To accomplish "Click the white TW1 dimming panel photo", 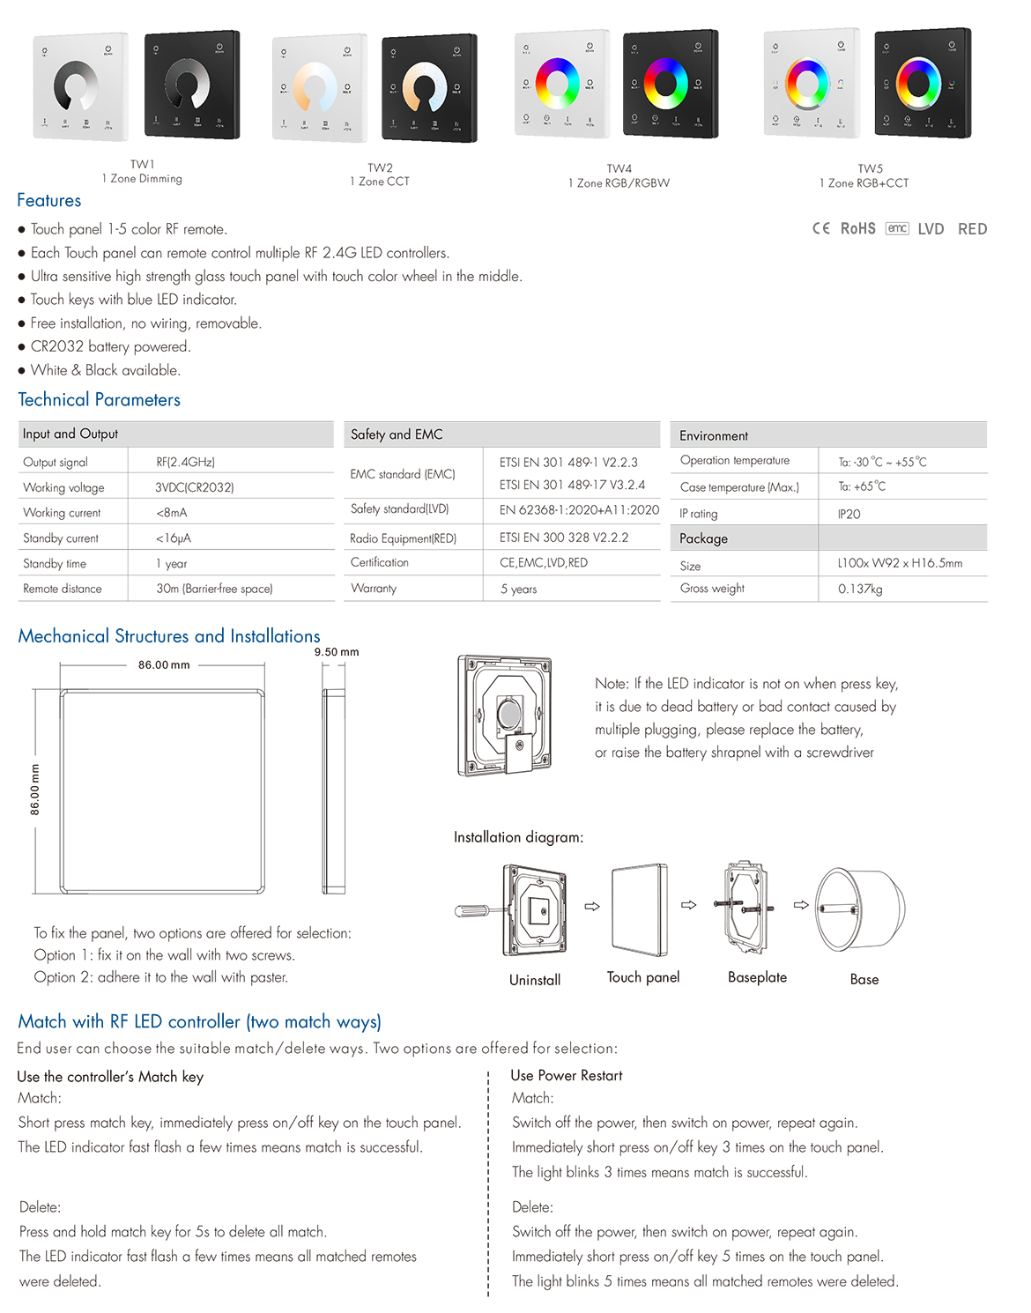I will point(81,86).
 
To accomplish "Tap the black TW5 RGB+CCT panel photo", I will point(922,84).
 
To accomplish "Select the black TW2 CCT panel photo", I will point(429,88).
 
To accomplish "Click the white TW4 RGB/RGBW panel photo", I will point(561,85).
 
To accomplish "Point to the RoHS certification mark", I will point(857,229).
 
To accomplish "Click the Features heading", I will point(49,201).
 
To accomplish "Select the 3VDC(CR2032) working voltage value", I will point(195,487).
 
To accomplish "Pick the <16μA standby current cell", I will point(174,538).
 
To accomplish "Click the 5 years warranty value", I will point(519,590).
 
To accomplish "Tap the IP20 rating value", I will point(849,514).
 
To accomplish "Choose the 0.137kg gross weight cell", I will point(860,589).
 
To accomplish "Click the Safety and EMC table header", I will point(397,434).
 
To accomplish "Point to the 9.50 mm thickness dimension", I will point(337,652).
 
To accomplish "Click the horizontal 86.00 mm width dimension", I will point(164,665).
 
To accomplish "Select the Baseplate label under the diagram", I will point(757,977).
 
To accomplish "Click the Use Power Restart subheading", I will point(567,1076).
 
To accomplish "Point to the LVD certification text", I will point(931,229).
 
